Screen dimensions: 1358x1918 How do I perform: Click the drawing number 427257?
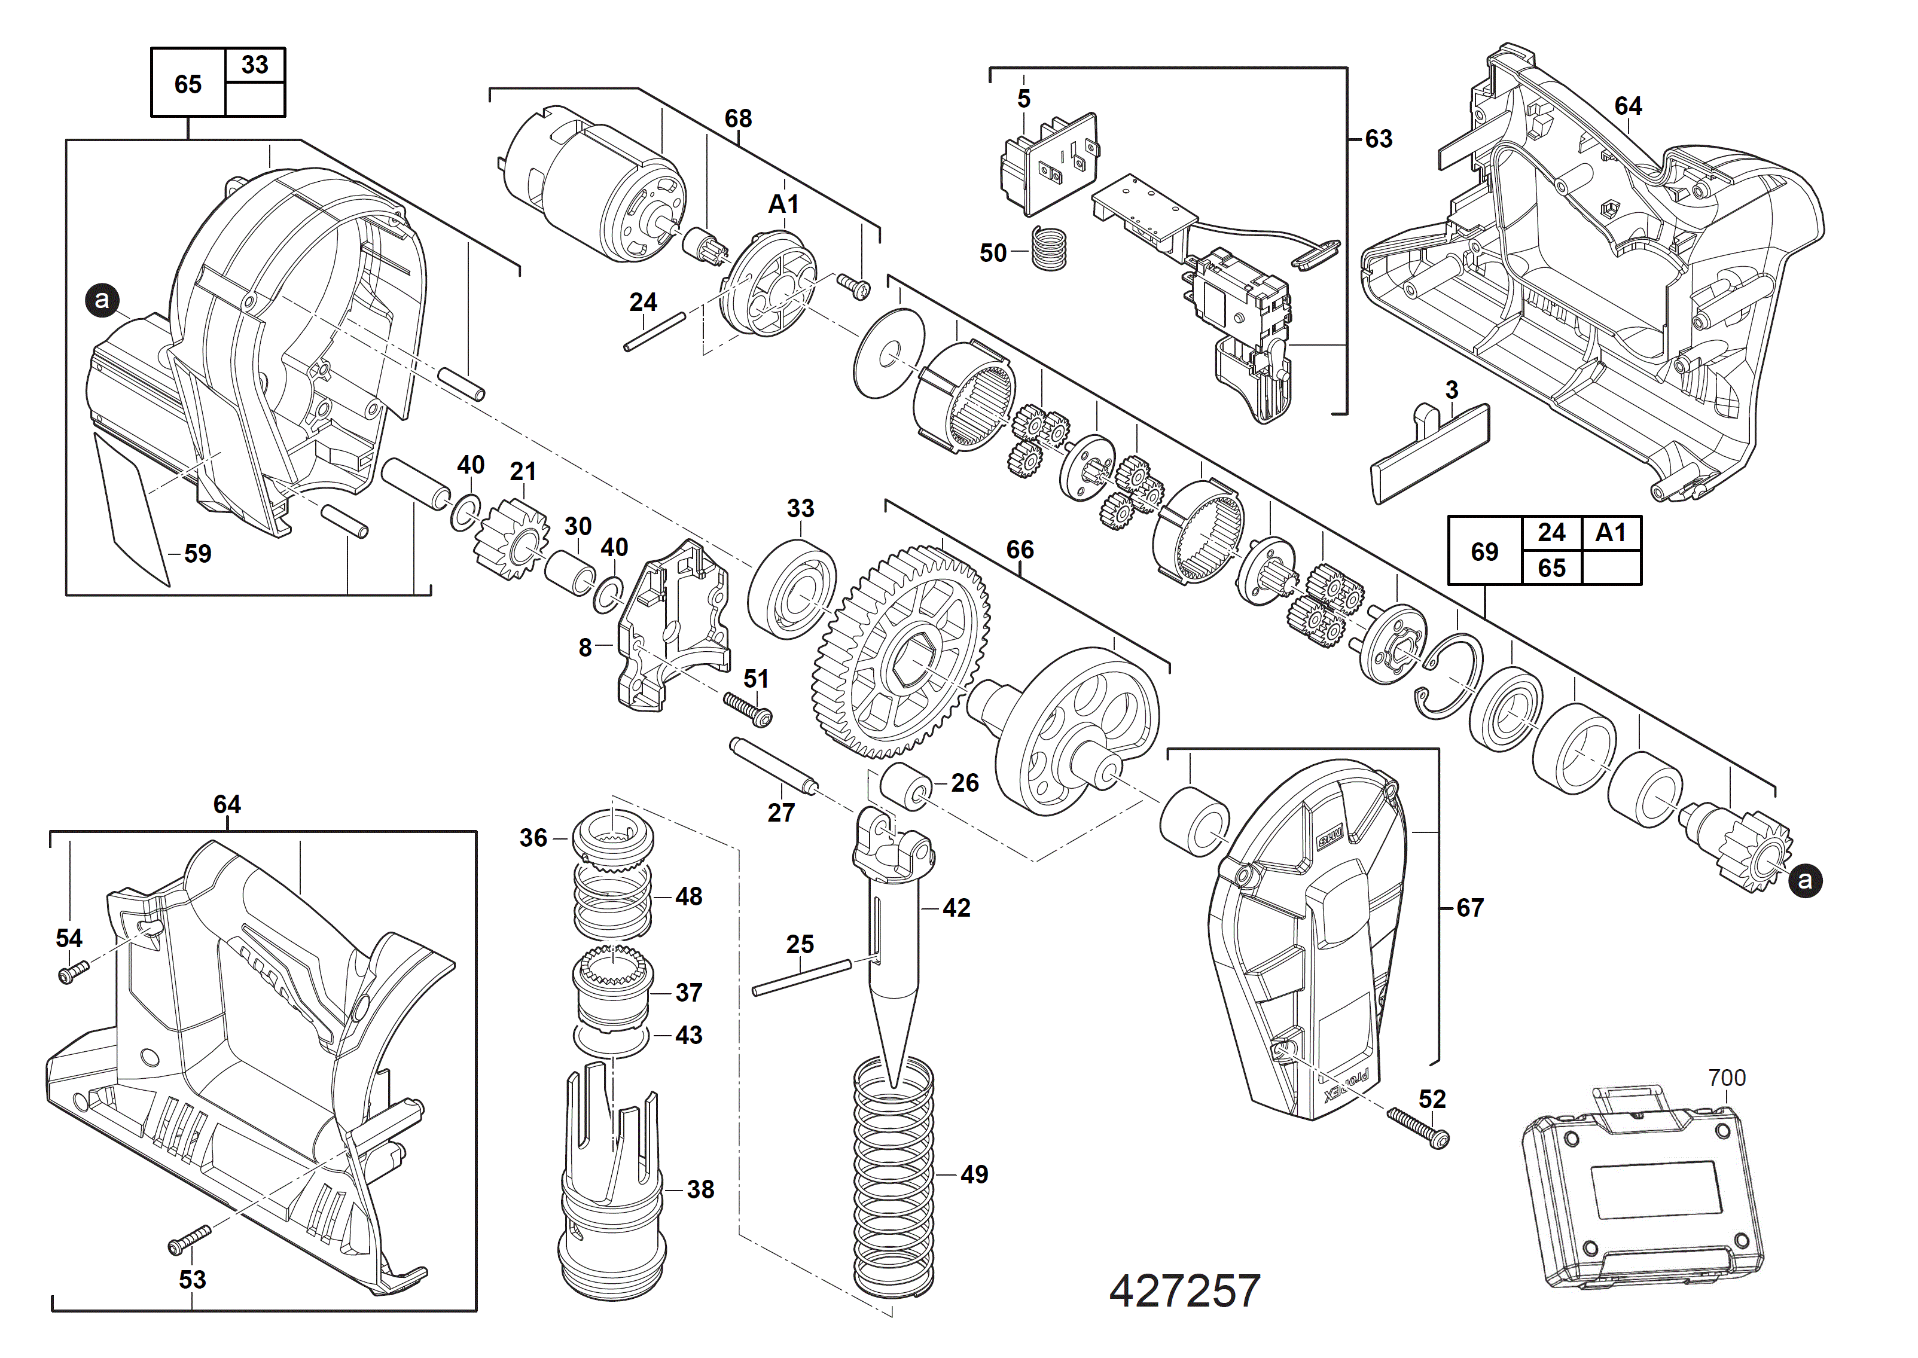coord(1184,1291)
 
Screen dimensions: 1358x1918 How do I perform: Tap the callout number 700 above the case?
coord(1727,1078)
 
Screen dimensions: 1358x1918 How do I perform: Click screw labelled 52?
coord(1418,1127)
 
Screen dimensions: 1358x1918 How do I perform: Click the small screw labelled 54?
coord(73,972)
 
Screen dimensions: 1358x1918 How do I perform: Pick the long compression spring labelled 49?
coord(893,1179)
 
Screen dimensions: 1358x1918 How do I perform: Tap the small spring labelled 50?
coord(1048,248)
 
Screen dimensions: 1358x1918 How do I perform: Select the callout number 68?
coord(737,119)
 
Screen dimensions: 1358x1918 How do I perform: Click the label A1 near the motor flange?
coord(783,204)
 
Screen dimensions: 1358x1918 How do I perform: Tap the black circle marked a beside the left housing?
coord(103,300)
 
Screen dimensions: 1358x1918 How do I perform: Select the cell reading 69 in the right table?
coord(1484,551)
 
